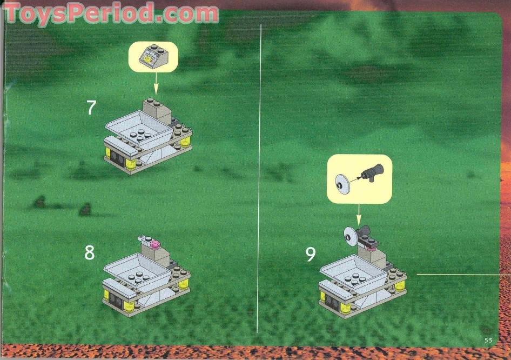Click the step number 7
coord(91,108)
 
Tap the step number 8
coord(90,252)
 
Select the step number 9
coord(310,255)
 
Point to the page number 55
coord(488,340)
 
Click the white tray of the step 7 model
coord(140,129)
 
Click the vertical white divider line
coord(261,178)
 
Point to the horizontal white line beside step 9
coord(462,275)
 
